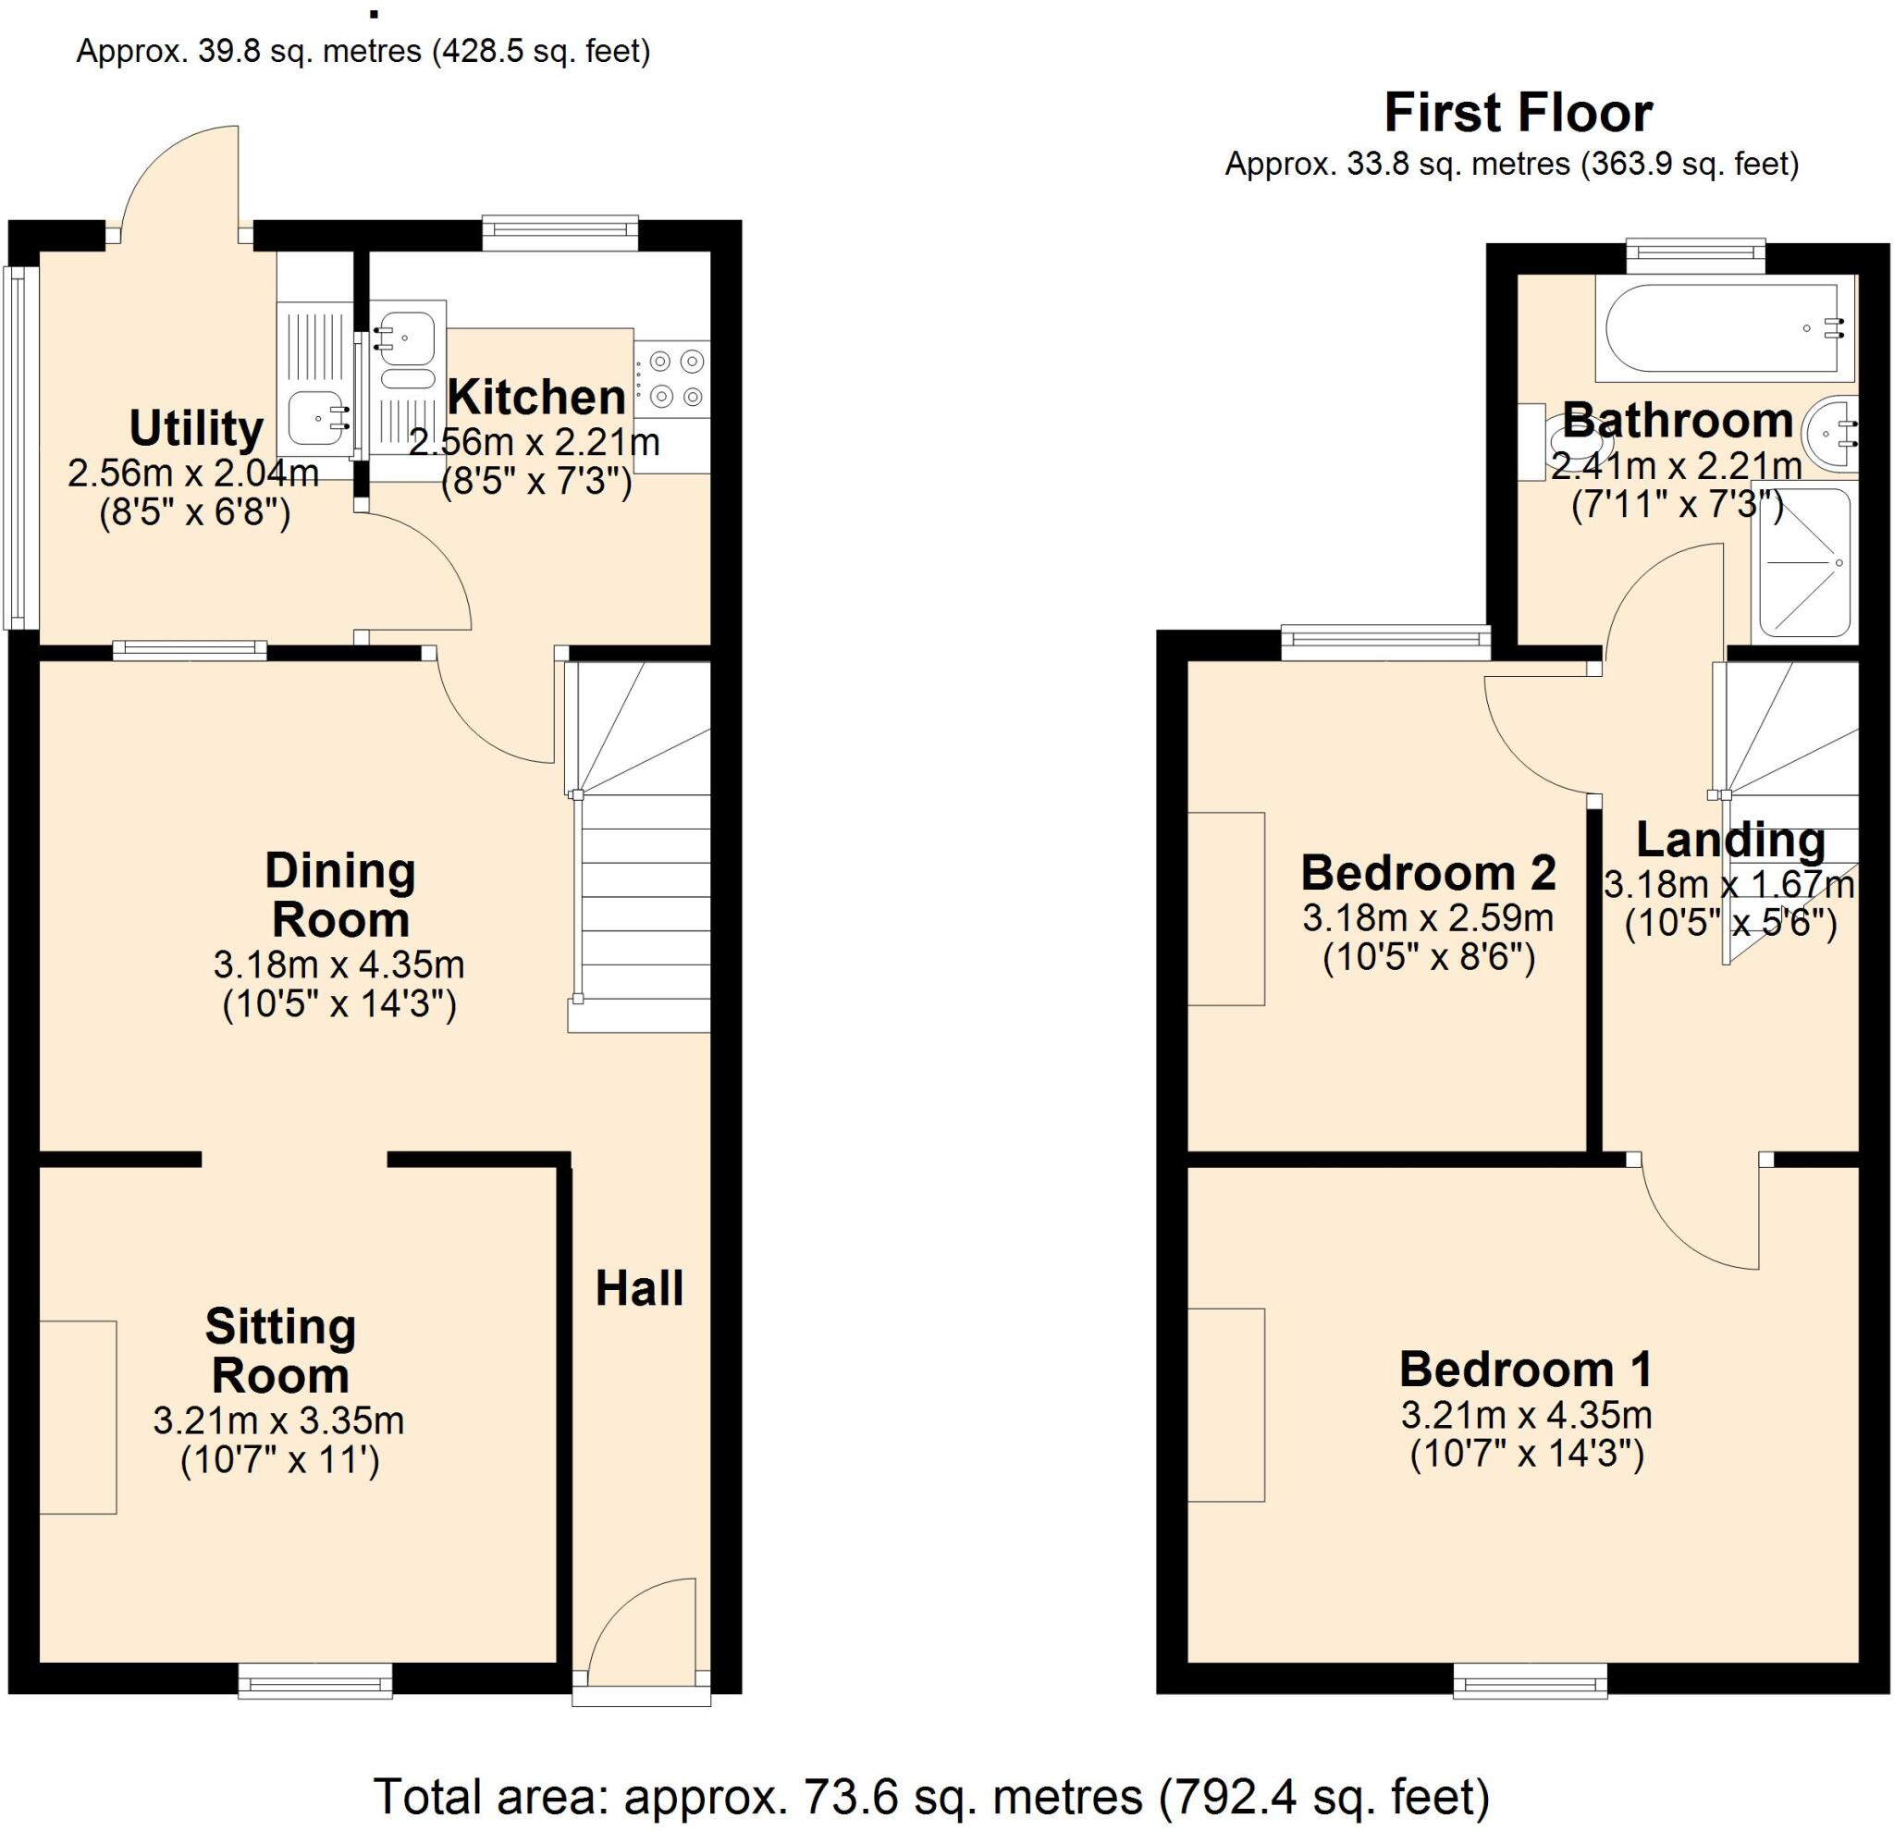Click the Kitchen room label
(536, 398)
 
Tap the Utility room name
(196, 428)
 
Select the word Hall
(639, 1289)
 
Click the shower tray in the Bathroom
(1803, 563)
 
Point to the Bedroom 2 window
(1385, 643)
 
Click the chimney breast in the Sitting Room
(78, 1417)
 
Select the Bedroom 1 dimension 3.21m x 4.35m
(1526, 1416)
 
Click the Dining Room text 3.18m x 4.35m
(338, 965)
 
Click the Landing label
(1729, 841)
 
